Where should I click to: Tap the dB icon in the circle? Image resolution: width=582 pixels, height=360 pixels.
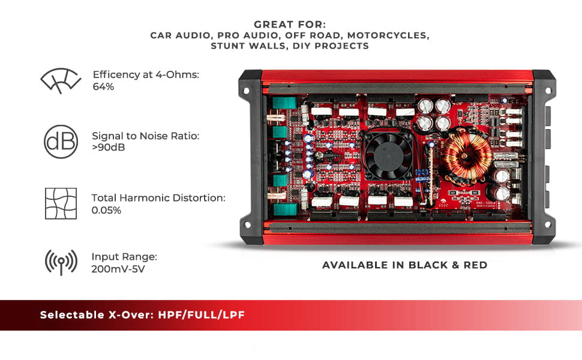[61, 142]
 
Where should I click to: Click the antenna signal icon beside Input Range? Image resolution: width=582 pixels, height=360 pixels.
[61, 262]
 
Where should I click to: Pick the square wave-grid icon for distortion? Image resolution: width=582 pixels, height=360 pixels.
[61, 203]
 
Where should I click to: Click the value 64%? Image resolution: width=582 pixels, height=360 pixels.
[103, 87]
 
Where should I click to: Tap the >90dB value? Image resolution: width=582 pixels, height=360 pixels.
[109, 148]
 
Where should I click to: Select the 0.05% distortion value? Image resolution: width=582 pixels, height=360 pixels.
[107, 211]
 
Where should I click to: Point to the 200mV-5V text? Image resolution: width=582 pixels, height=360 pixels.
[118, 269]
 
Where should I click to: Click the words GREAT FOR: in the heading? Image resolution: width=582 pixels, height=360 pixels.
[290, 25]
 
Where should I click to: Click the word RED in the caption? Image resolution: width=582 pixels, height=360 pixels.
[475, 265]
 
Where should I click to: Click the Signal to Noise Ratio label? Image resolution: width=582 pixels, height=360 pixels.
[145, 136]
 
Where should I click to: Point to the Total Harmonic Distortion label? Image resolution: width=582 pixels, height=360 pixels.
[158, 197]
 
